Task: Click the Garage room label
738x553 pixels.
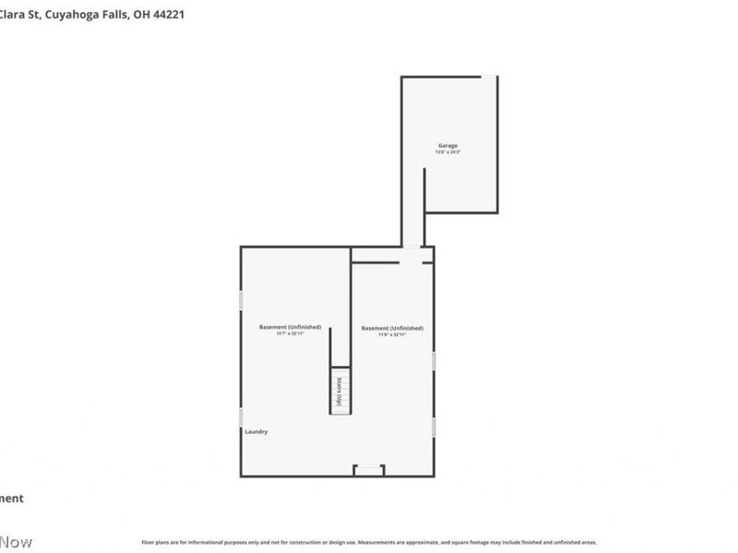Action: click(x=447, y=146)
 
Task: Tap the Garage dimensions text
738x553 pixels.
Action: click(x=447, y=153)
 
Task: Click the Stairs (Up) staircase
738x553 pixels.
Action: click(x=339, y=391)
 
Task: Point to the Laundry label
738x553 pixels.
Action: click(x=256, y=431)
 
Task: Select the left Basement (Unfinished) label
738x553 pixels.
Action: click(x=290, y=327)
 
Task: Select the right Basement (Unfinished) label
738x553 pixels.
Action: click(x=392, y=328)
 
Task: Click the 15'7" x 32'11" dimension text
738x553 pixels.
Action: click(x=290, y=335)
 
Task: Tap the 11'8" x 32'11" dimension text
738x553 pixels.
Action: click(x=392, y=335)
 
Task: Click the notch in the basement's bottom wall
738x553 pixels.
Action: click(x=369, y=470)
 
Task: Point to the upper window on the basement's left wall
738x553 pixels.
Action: click(x=242, y=300)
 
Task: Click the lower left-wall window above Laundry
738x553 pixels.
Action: click(x=242, y=417)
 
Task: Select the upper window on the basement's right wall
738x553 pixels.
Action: click(x=434, y=361)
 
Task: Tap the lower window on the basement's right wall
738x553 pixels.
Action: click(x=434, y=427)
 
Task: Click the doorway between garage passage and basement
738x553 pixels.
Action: click(x=411, y=246)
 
